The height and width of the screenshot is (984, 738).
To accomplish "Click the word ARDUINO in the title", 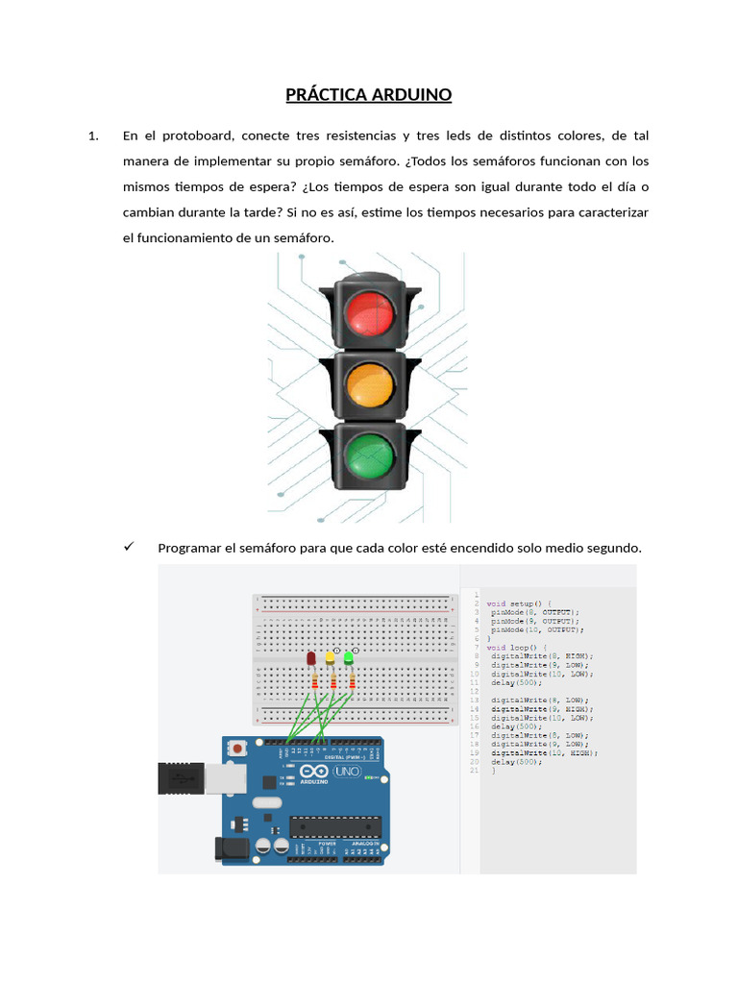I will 410,95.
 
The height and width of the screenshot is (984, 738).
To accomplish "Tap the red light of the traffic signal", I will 369,313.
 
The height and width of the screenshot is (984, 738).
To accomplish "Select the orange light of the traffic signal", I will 369,383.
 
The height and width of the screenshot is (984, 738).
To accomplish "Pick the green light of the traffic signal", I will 369,455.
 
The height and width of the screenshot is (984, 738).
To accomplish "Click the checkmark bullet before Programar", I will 129,547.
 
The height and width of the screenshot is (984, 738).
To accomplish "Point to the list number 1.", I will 93,136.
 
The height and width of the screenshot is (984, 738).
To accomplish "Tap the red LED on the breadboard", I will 312,658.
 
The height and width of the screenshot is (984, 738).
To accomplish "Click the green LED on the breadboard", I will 349,658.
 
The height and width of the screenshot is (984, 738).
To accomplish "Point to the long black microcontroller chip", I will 335,825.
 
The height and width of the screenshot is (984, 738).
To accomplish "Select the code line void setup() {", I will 519,603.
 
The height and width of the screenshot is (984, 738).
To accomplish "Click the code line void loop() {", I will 516,647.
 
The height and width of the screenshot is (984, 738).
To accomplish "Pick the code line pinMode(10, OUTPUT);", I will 535,629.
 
